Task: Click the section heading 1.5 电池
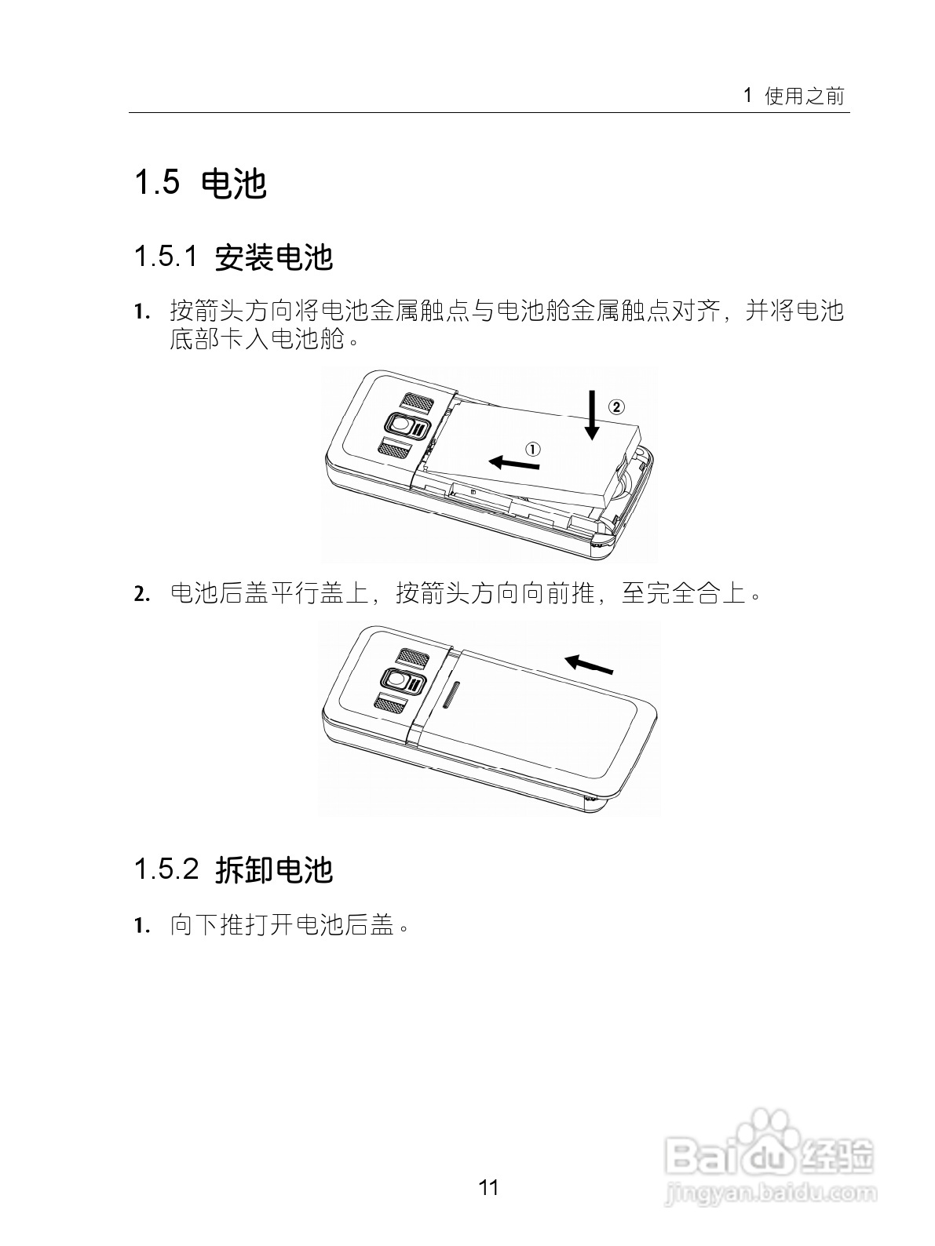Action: coord(201,184)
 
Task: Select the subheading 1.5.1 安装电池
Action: coord(234,257)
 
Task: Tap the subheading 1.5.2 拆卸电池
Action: coord(234,869)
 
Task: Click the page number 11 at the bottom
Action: coord(488,1187)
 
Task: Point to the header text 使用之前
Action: coord(805,97)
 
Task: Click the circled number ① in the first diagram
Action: coord(533,450)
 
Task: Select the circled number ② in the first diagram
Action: coord(616,406)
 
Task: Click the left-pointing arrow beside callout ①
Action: coord(514,463)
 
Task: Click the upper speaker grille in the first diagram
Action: coord(417,402)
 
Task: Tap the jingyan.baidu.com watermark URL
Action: coord(769,1197)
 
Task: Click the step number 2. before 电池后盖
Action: coord(142,594)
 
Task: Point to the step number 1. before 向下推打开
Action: coord(142,926)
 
